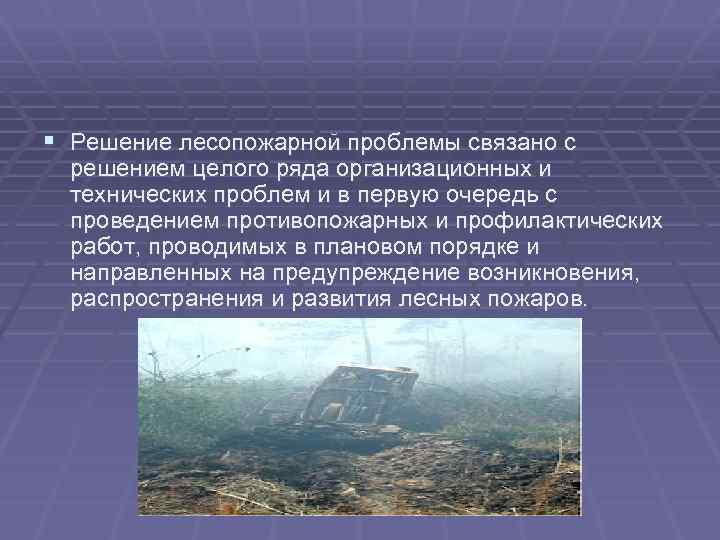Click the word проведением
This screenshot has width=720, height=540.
coord(139,221)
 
